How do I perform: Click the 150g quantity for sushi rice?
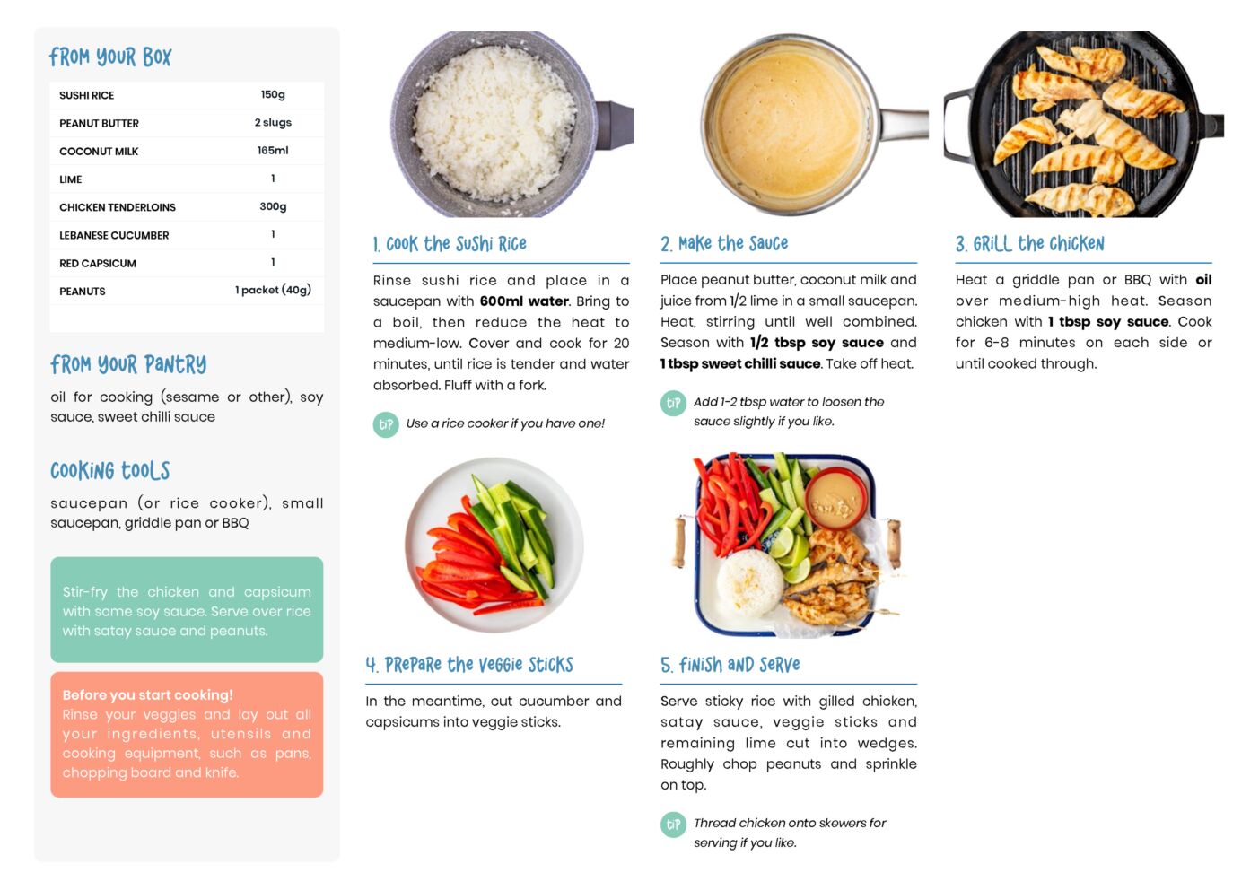click(x=273, y=94)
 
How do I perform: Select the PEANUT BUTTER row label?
click(x=99, y=123)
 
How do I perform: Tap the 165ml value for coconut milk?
click(x=273, y=150)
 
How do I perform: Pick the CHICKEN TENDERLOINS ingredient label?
click(x=118, y=207)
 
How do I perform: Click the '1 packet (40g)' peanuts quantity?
click(x=273, y=290)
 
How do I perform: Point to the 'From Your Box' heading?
click(x=110, y=57)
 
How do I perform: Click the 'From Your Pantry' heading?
click(x=128, y=364)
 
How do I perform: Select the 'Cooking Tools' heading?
click(x=110, y=470)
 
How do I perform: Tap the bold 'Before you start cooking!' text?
click(x=148, y=695)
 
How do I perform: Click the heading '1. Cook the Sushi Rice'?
click(x=450, y=244)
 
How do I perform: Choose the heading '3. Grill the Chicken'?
click(x=1029, y=244)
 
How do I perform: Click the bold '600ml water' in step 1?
click(x=524, y=301)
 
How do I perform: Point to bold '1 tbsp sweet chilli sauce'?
click(x=740, y=363)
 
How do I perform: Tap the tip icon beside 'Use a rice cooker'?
click(x=386, y=424)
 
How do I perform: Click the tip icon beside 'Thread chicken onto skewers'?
click(x=673, y=825)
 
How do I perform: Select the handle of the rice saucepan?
click(x=615, y=125)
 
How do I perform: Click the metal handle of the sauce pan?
click(x=904, y=124)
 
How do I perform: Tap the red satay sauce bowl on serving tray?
click(x=835, y=498)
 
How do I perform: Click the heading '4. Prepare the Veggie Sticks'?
click(x=469, y=665)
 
